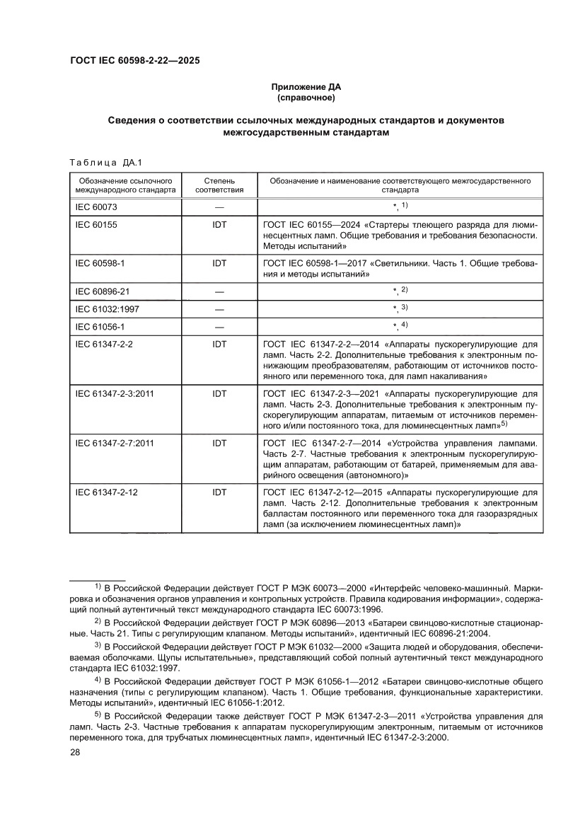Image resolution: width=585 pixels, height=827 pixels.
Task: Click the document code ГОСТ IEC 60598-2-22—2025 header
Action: [x=134, y=61]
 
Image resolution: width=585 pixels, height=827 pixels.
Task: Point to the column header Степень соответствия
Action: [x=219, y=185]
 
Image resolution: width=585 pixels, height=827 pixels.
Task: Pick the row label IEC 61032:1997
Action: [x=106, y=309]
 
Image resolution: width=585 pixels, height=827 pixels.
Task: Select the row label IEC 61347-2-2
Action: [x=104, y=344]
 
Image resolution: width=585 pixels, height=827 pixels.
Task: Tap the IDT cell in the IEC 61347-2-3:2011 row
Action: [x=219, y=393]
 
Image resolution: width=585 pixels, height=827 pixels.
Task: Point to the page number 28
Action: [x=75, y=753]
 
